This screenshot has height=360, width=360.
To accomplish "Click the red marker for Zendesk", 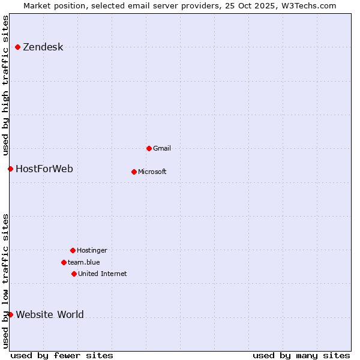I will [17, 47].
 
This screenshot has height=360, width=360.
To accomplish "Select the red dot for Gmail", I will [149, 148].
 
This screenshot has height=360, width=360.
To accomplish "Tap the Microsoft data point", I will [134, 172].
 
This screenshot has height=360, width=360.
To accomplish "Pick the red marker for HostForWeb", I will [10, 169].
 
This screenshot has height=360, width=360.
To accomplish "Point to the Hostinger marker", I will [73, 250].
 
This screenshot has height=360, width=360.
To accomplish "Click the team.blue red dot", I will [64, 262].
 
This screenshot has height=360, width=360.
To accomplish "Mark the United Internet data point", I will [74, 274].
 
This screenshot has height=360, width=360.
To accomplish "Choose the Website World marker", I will [10, 314].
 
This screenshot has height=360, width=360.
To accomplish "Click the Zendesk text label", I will [43, 47].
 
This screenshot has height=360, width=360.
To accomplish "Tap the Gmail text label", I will [162, 148].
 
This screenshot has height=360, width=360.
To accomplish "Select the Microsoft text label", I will [152, 172].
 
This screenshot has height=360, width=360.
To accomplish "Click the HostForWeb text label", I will [44, 169].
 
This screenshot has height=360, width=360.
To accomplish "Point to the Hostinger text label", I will [92, 250].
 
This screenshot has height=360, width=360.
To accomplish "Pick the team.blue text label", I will [84, 262].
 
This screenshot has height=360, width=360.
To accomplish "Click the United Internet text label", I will [103, 274].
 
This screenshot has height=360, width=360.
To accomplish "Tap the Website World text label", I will [50, 315].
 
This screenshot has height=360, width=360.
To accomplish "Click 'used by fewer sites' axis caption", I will [62, 355].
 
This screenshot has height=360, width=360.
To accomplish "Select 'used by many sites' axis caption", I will [301, 355].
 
